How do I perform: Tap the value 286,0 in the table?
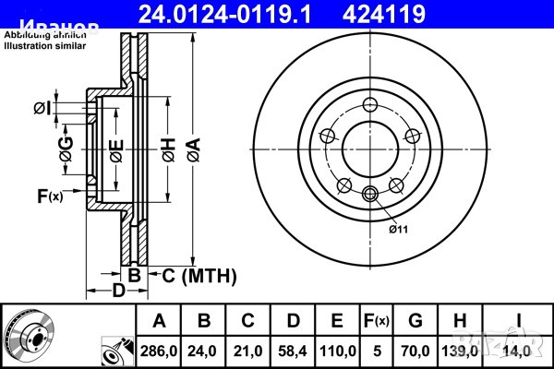159,350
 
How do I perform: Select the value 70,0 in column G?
415,350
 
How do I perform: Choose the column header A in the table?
159,321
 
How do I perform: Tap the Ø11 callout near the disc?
398,229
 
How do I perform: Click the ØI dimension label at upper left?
43,110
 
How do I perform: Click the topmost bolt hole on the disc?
370,103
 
